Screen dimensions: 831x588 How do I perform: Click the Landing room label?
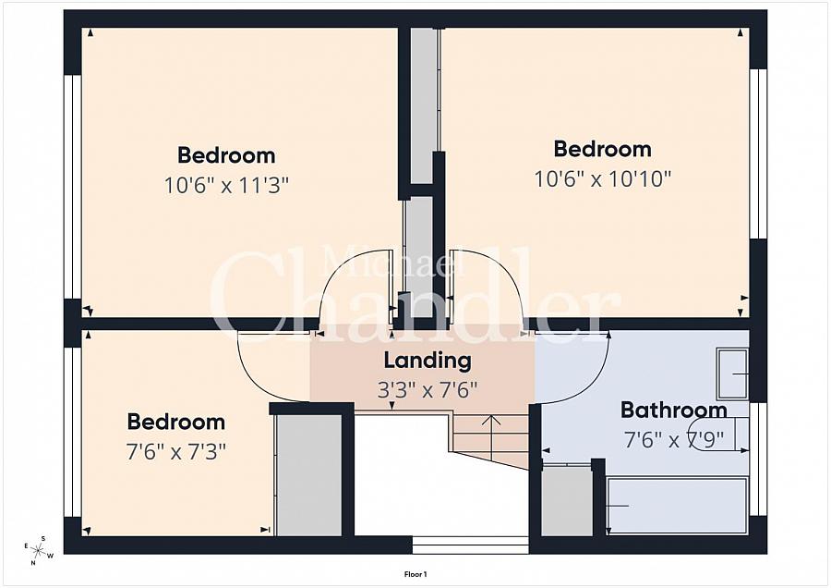tap(428, 361)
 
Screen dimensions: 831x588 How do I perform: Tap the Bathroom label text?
tap(674, 410)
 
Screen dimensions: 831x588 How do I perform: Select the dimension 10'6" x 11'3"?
tap(226, 186)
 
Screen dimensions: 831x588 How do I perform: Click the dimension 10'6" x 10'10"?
tap(603, 179)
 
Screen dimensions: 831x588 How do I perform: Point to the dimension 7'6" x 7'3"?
tap(176, 452)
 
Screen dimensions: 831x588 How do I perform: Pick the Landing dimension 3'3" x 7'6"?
tap(428, 390)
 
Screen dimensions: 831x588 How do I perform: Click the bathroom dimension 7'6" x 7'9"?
tap(674, 440)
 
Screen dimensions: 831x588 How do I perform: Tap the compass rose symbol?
tap(39, 550)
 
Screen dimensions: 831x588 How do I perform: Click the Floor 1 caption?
tap(415, 574)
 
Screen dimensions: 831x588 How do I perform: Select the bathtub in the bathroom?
tap(677, 505)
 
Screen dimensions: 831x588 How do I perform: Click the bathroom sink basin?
tap(732, 374)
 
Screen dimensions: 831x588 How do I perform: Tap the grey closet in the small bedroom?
tap(309, 475)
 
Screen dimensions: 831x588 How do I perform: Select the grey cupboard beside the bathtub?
tap(567, 501)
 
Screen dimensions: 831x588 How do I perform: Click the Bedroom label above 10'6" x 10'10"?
tap(603, 149)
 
